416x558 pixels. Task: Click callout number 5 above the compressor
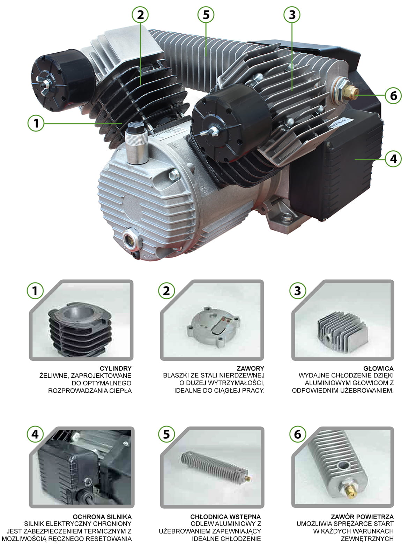(206, 15)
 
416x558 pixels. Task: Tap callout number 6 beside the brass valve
(393, 96)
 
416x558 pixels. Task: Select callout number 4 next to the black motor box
(393, 159)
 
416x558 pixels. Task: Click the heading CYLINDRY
(116, 369)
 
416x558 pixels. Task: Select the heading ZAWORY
(251, 369)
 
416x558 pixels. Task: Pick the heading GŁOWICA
(378, 369)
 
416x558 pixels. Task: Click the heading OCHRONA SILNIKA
(102, 517)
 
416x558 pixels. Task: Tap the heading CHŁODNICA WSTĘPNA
(225, 517)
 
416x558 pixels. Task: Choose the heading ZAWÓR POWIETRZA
(362, 517)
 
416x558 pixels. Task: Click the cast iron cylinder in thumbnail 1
(80, 330)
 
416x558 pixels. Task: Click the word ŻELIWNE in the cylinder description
(54, 376)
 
